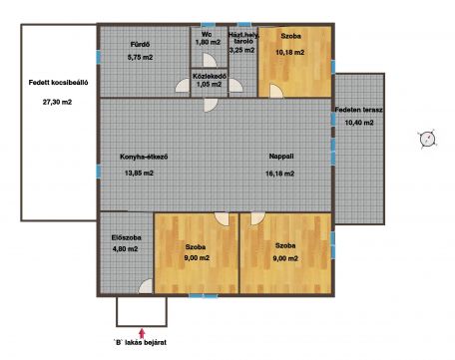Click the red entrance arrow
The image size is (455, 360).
142,333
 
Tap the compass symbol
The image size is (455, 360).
428,139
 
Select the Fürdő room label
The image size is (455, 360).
140,44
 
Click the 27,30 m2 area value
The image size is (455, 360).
57,102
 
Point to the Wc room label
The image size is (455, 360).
207,34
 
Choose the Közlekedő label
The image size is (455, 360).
210,76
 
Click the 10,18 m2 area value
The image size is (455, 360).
290,52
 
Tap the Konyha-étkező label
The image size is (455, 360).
144,157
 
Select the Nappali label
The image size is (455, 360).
281,156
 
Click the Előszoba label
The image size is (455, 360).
127,237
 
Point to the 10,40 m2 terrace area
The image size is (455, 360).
359,123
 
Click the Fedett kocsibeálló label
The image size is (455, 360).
58,83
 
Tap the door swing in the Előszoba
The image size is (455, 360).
146,286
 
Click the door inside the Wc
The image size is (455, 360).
210,61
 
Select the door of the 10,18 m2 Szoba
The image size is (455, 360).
276,91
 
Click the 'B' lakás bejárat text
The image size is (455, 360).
140,342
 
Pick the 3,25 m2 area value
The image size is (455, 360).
241,50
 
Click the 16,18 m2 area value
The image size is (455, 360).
279,174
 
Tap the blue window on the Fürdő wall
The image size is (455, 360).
98,57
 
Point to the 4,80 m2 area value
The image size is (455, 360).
125,248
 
